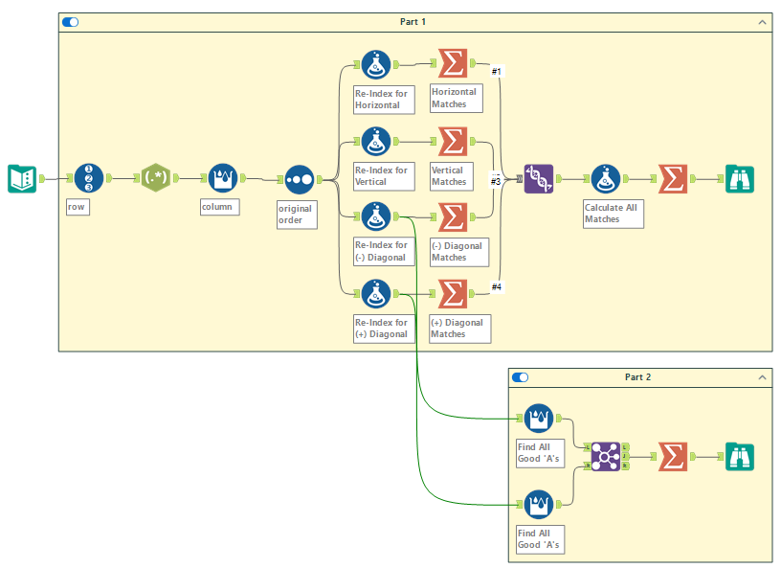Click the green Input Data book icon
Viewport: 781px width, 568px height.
point(22,178)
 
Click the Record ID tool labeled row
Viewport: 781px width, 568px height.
point(88,178)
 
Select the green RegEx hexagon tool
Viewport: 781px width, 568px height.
point(156,178)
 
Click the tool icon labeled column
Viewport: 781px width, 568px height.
point(222,178)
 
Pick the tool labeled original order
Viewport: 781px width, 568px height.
point(299,179)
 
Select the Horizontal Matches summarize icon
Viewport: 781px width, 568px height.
point(453,64)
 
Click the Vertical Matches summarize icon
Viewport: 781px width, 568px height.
point(453,141)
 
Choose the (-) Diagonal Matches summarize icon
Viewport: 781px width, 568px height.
point(453,216)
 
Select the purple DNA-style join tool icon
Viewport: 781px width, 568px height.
point(538,178)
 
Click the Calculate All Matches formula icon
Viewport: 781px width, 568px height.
point(605,178)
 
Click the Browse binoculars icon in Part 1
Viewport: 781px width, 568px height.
point(739,178)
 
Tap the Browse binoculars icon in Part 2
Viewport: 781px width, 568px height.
point(739,457)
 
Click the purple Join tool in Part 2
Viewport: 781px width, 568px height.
point(605,457)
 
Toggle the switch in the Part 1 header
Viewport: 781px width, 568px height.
point(71,21)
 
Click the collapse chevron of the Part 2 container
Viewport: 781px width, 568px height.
point(762,377)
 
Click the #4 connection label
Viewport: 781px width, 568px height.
point(497,286)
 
